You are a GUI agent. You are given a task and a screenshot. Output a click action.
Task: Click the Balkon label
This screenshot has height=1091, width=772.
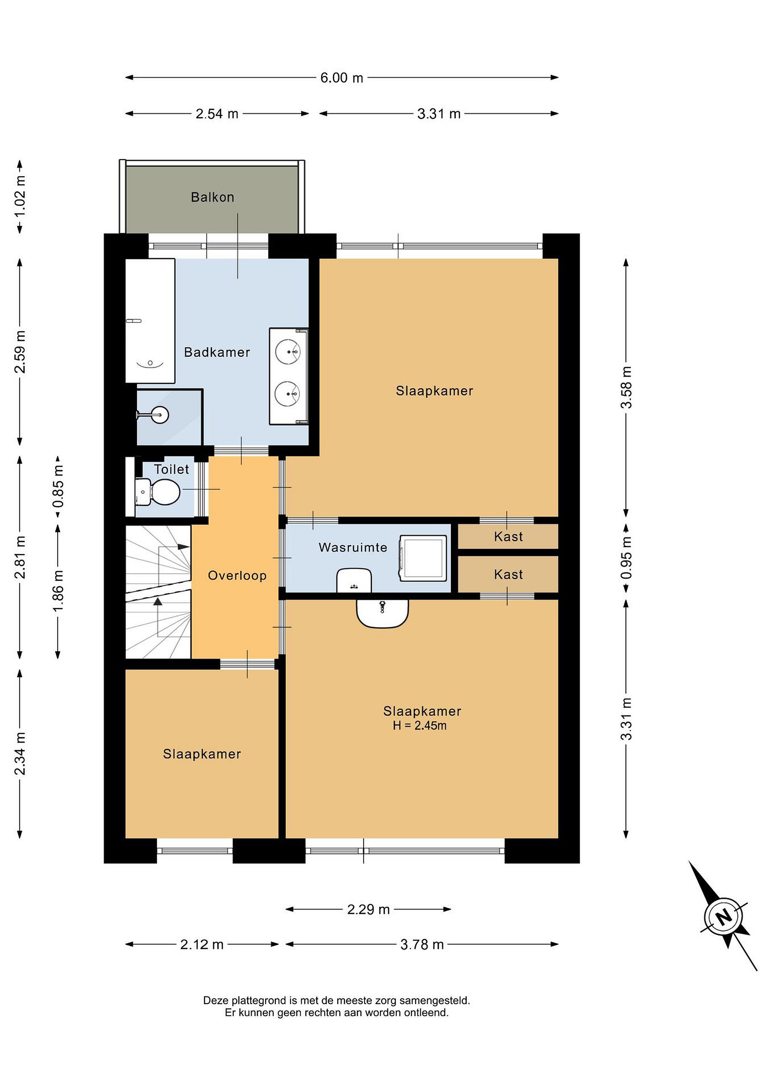point(213,197)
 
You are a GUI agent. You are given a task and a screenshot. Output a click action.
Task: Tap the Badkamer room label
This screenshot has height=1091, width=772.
point(217,352)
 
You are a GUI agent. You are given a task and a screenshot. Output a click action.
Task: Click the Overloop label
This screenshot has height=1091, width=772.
point(237,576)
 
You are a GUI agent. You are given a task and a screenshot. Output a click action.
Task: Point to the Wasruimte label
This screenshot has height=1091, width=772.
point(353,547)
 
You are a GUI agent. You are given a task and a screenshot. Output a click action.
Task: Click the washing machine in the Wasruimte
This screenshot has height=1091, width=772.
point(423,558)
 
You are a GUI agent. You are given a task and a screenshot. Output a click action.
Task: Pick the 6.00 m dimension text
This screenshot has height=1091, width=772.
point(341,77)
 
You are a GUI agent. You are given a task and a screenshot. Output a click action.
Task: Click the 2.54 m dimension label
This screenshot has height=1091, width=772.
point(217,114)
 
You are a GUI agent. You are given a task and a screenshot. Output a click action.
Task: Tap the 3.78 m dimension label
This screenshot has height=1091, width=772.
point(422,944)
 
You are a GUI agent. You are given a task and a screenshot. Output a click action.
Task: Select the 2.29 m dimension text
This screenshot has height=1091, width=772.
point(368,910)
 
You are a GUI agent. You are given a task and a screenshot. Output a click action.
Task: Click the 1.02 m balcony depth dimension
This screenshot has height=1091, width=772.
point(20,196)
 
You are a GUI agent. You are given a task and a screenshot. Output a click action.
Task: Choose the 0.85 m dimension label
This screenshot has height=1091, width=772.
point(58,486)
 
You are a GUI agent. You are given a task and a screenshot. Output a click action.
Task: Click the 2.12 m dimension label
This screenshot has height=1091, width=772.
point(202,944)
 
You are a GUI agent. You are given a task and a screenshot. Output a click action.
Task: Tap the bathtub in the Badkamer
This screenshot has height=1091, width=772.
point(150,321)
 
